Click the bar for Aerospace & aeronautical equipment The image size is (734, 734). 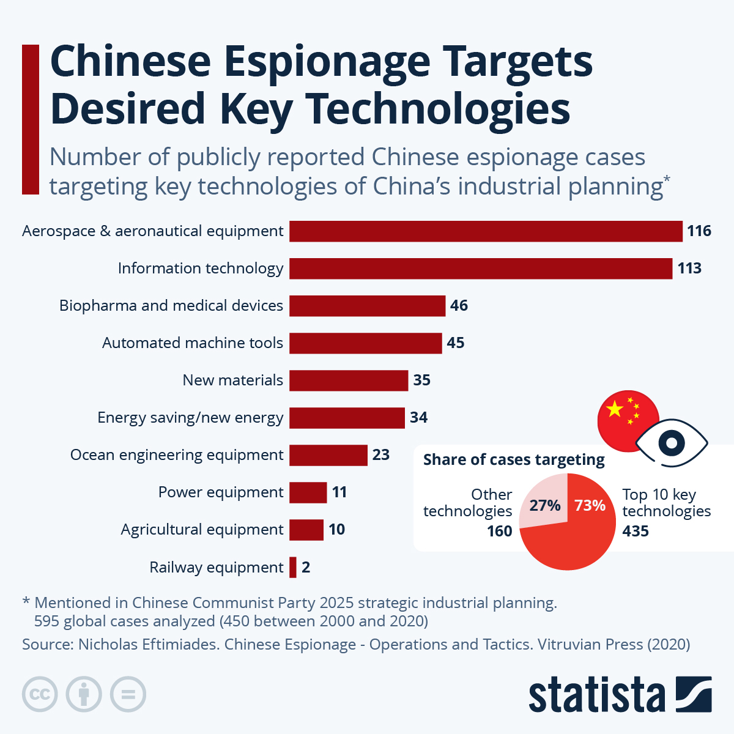pos(486,231)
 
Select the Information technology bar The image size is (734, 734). pos(481,269)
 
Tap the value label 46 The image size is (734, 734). pos(459,306)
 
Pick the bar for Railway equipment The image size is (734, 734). pos(293,568)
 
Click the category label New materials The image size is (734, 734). pos(232,380)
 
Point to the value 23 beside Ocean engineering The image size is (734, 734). pos(380,455)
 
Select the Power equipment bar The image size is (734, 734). pos(308,492)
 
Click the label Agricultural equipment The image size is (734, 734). pos(202,530)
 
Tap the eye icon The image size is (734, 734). pos(671,443)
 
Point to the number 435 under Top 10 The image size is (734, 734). pos(636,531)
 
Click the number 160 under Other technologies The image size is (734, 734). pos(499,531)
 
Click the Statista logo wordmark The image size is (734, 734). pos(596,695)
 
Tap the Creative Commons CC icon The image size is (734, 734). pos(40,694)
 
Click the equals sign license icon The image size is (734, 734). pos(128,694)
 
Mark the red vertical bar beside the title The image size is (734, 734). pos(31,119)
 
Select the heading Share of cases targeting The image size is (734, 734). pos(514,460)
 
